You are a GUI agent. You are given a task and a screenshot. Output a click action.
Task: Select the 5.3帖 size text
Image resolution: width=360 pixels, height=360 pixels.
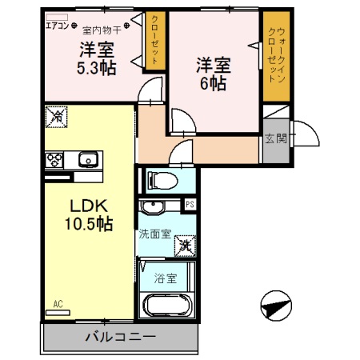(x=96, y=68)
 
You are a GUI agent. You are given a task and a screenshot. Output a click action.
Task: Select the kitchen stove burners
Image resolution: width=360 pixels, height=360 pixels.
(x=54, y=159)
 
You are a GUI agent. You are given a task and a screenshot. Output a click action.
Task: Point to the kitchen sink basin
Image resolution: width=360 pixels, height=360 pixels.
(x=87, y=160)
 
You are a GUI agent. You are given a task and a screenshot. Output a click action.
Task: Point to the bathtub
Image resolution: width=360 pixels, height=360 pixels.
(x=166, y=307)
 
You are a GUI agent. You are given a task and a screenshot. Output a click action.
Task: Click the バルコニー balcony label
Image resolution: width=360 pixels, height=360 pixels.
(x=120, y=336)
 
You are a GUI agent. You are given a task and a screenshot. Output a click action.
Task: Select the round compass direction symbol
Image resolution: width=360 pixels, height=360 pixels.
(x=274, y=306)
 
